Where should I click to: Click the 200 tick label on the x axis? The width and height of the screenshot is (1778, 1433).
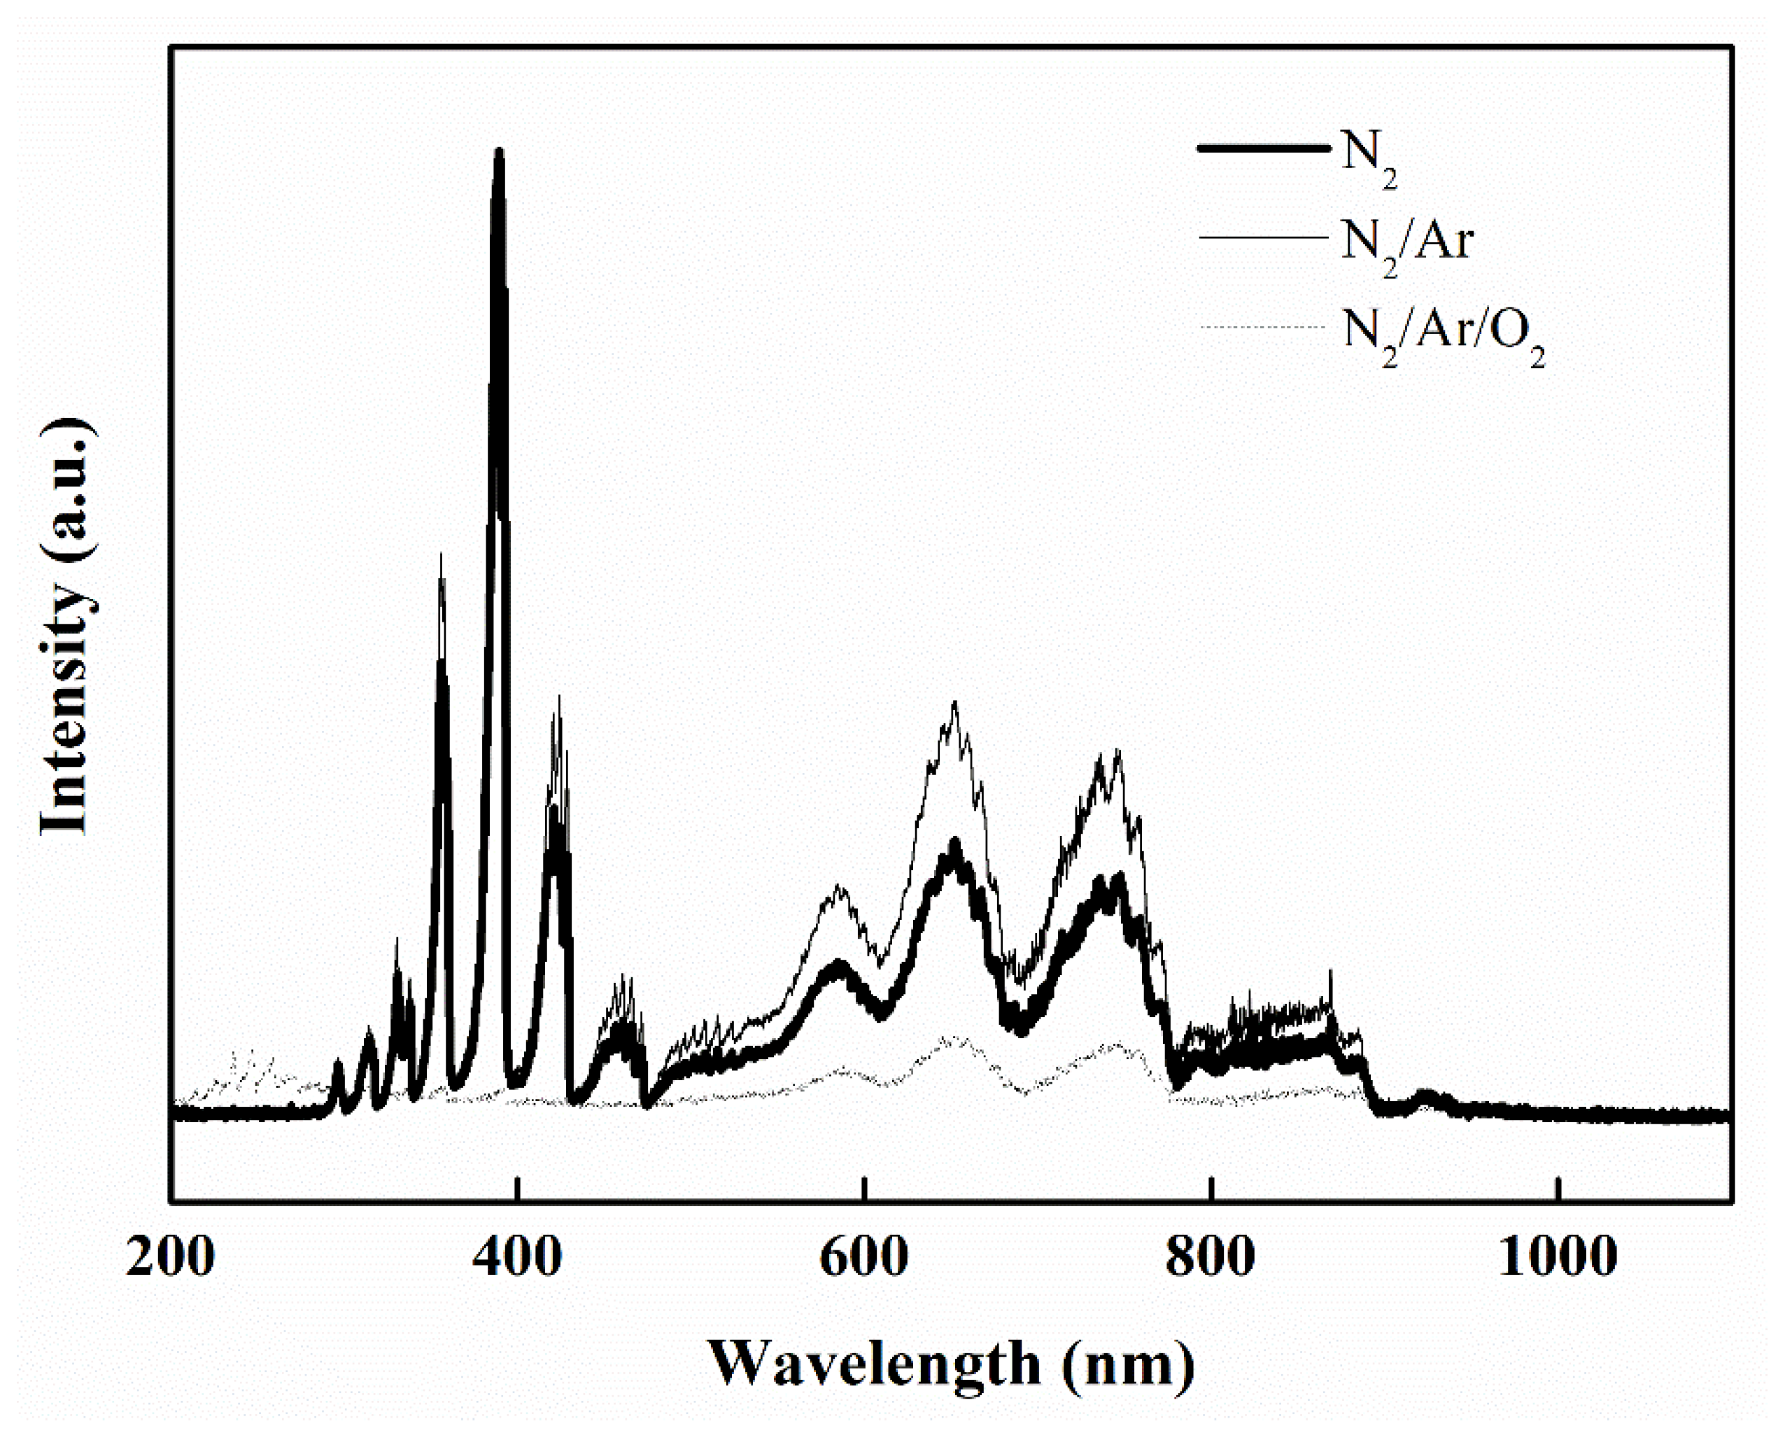tap(170, 1258)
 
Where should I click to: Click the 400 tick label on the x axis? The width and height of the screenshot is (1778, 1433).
tap(516, 1258)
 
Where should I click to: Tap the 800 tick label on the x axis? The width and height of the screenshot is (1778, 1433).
tap(1211, 1258)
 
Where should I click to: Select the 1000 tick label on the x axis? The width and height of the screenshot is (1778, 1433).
tap(1557, 1258)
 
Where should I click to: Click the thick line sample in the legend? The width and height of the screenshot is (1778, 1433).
tap(1264, 148)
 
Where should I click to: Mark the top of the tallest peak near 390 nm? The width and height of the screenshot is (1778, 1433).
tap(498, 152)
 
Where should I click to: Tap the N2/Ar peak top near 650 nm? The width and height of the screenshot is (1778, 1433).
tap(954, 704)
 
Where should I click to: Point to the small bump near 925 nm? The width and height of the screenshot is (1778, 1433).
tap(1425, 1096)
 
